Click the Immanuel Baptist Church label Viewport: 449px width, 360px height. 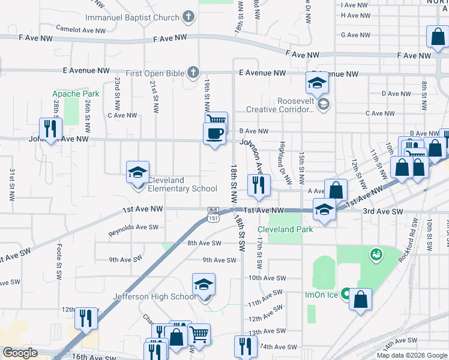[132, 17]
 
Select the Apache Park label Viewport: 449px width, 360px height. [76, 94]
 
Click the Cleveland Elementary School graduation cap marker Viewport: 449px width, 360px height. [137, 173]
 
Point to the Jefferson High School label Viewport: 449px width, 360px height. [154, 296]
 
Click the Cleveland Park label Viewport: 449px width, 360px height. [285, 229]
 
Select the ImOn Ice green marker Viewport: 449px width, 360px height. [346, 294]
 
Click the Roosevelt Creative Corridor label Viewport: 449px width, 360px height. [280, 105]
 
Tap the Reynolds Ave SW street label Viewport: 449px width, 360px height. [133, 230]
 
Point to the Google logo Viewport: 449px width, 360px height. [20, 353]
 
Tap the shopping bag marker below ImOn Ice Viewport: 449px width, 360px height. [360, 300]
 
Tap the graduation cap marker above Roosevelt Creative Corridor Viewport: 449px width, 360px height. [316, 83]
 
